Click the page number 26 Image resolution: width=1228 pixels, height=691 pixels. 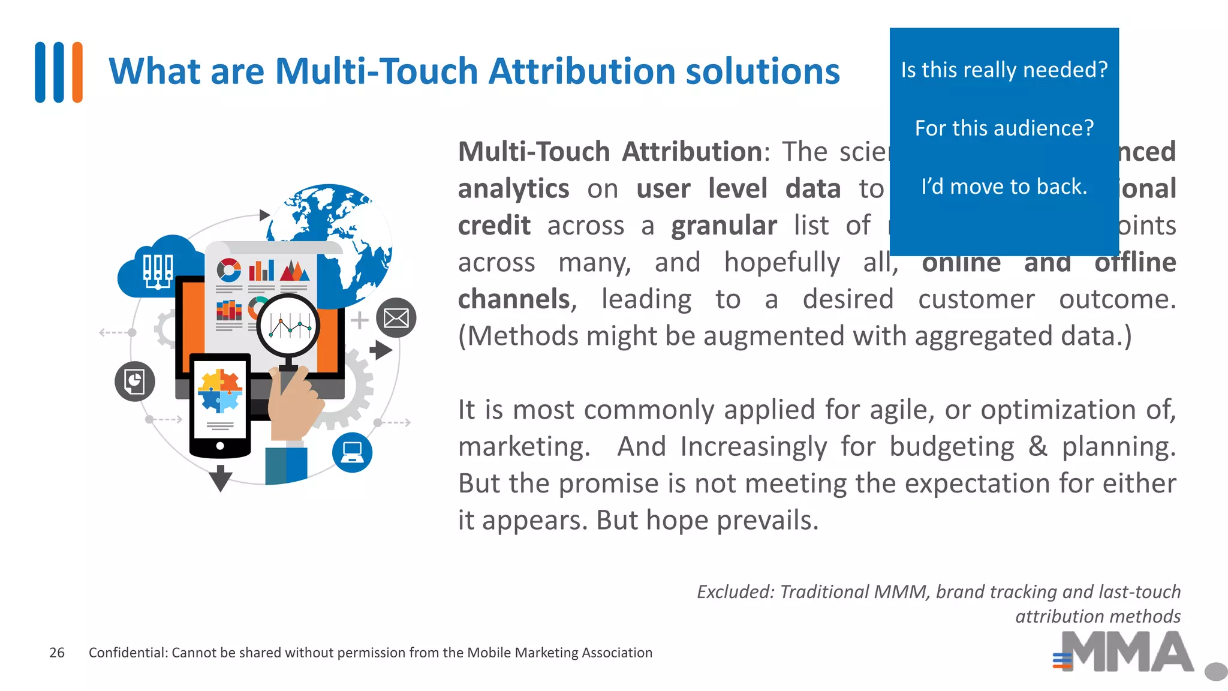coord(57,653)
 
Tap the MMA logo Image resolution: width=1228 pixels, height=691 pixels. coord(1124,653)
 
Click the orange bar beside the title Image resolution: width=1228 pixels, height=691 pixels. coord(77,72)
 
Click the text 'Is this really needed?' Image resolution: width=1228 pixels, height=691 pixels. coord(1004,70)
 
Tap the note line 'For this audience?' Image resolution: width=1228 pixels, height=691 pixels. coord(1004,128)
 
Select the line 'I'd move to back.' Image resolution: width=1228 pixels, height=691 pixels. coord(1004,187)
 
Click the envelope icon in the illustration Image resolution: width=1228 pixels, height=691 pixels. coord(396,317)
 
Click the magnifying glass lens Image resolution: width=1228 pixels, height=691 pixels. coord(288,325)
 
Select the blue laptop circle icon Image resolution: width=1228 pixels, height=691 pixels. coord(352,452)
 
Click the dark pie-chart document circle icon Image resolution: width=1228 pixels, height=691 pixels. coord(135,381)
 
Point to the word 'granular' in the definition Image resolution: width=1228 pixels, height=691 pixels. coord(724,226)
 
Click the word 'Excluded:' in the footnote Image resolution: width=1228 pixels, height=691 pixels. coord(735,592)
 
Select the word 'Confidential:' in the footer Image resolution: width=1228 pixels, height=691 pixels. coord(128,653)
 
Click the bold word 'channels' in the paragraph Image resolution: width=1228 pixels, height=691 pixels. coord(514,299)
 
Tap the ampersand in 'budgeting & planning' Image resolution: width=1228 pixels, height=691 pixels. coord(1037,447)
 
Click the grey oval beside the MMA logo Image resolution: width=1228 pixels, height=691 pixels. coord(1215,671)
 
